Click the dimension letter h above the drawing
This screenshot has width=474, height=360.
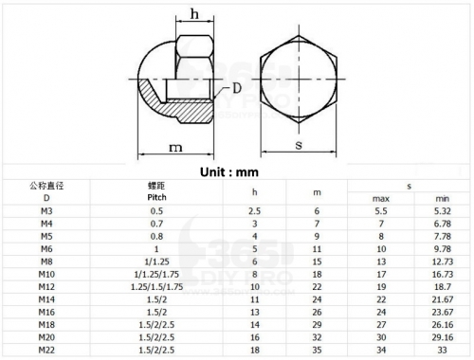[x=194, y=14]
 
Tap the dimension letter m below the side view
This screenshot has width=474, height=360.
[x=175, y=148]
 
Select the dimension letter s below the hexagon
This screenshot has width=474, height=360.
[x=299, y=145]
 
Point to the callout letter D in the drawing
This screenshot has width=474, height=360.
[x=237, y=88]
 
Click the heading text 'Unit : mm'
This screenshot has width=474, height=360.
[x=229, y=172]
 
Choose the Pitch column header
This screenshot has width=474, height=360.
[x=156, y=197]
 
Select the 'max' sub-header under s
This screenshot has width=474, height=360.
[x=381, y=199]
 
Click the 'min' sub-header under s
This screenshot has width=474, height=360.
[x=443, y=199]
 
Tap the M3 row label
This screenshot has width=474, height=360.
[x=46, y=211]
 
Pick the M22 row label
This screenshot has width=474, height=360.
[x=46, y=350]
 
